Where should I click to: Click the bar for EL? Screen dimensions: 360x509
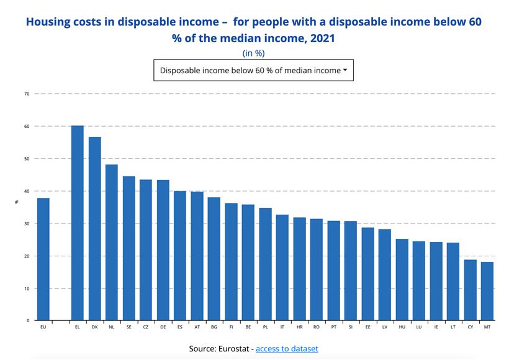click(78, 223)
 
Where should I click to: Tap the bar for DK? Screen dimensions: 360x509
click(94, 229)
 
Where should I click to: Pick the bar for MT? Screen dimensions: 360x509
click(487, 291)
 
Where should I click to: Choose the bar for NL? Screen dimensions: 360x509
click(112, 243)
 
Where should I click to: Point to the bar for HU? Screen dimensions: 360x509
click(402, 280)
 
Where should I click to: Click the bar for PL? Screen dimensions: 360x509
click(266, 264)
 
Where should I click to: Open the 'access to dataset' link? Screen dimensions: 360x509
click(287, 349)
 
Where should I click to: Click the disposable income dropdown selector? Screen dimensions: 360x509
click(253, 70)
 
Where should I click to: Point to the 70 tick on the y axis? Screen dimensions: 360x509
click(27, 94)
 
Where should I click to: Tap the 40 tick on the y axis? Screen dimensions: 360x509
click(27, 191)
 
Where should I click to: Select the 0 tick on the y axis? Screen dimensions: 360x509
click(28, 321)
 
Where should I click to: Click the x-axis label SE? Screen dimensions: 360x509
click(129, 326)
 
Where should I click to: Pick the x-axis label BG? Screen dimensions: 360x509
click(214, 326)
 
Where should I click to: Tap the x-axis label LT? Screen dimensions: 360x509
click(453, 326)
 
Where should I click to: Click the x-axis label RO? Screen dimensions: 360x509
click(317, 326)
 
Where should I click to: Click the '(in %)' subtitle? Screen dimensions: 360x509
click(253, 53)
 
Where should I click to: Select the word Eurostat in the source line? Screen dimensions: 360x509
click(232, 349)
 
